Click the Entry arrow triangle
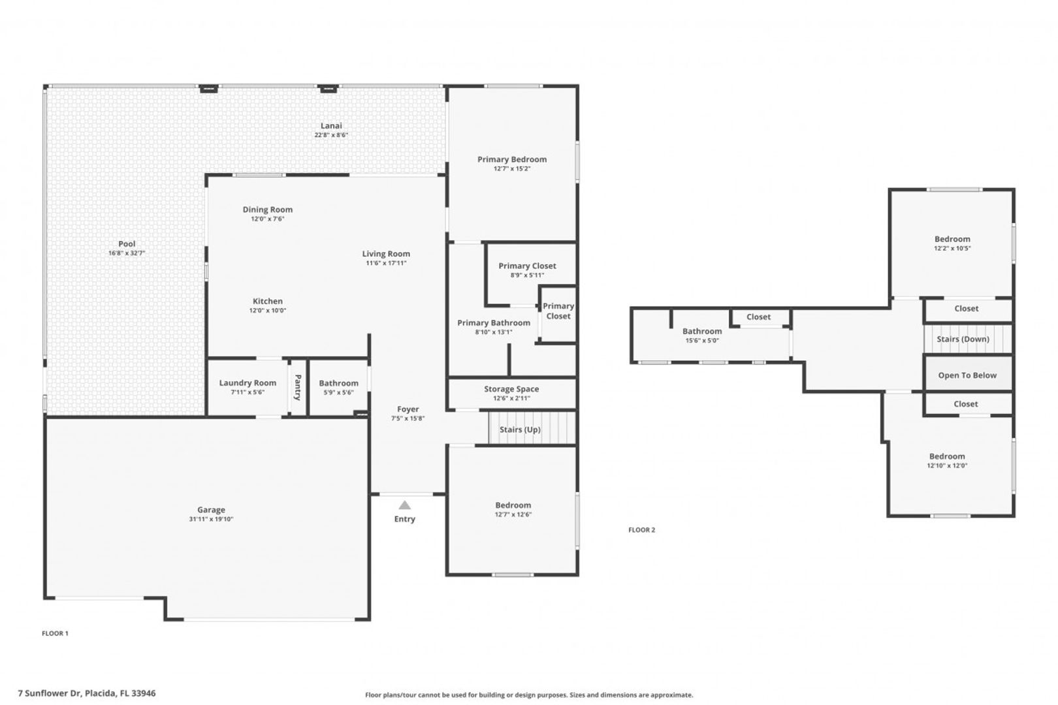coord(404,505)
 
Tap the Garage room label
coord(211,510)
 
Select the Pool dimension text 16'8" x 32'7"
coord(127,253)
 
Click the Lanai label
coord(331,125)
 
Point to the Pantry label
coord(298,387)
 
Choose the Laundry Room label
coord(248,383)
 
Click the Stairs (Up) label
coord(520,430)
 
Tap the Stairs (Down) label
coord(963,339)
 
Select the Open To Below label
coord(967,375)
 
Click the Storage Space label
coord(511,389)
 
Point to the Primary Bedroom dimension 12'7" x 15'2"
coord(512,168)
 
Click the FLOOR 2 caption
coord(641,530)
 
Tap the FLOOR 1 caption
coord(55,633)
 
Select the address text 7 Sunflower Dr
coord(50,693)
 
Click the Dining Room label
coord(268,210)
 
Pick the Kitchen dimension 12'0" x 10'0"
coord(268,310)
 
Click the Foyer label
coord(408,409)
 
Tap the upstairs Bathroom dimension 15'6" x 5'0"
coord(702,341)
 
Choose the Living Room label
coord(386,254)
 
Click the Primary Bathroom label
coord(494,323)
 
